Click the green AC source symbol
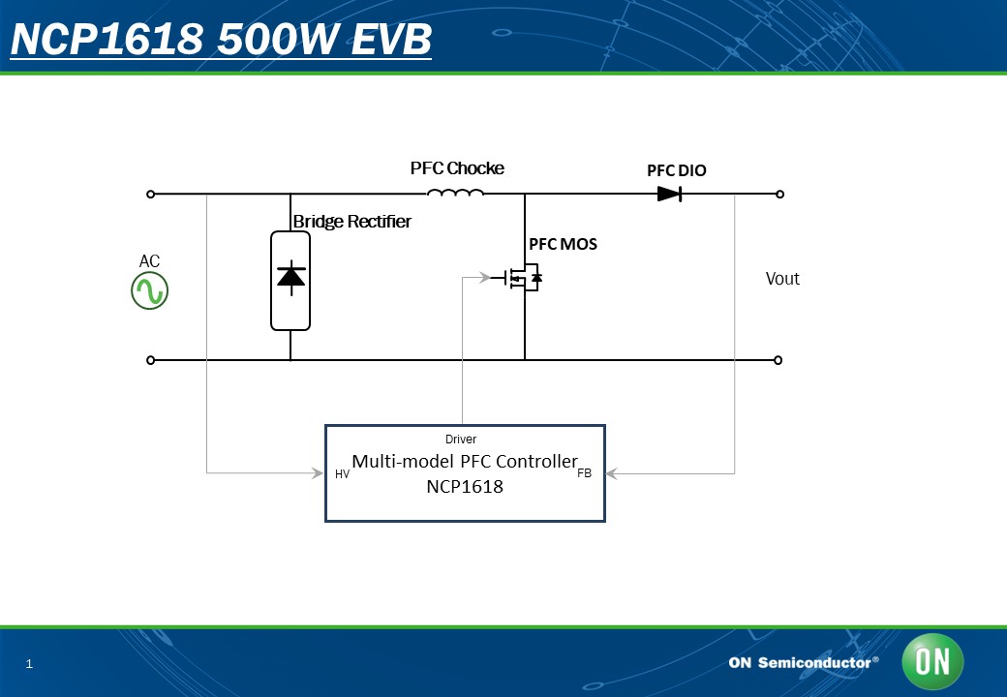tap(150, 290)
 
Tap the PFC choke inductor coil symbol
tap(455, 192)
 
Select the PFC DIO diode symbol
tap(669, 194)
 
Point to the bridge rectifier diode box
tap(290, 281)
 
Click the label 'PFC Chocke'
tap(457, 168)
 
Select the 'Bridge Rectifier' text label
tap(351, 222)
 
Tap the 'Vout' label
tap(782, 279)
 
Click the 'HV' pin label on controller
tap(343, 474)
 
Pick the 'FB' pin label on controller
tap(585, 473)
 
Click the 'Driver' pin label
tap(461, 439)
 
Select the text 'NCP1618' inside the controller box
tap(465, 487)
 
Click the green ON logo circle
tap(932, 662)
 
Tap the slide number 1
tap(29, 664)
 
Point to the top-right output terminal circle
tap(779, 194)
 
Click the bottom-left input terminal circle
tap(150, 360)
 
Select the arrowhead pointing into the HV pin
tap(318, 473)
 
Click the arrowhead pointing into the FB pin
tap(611, 473)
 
